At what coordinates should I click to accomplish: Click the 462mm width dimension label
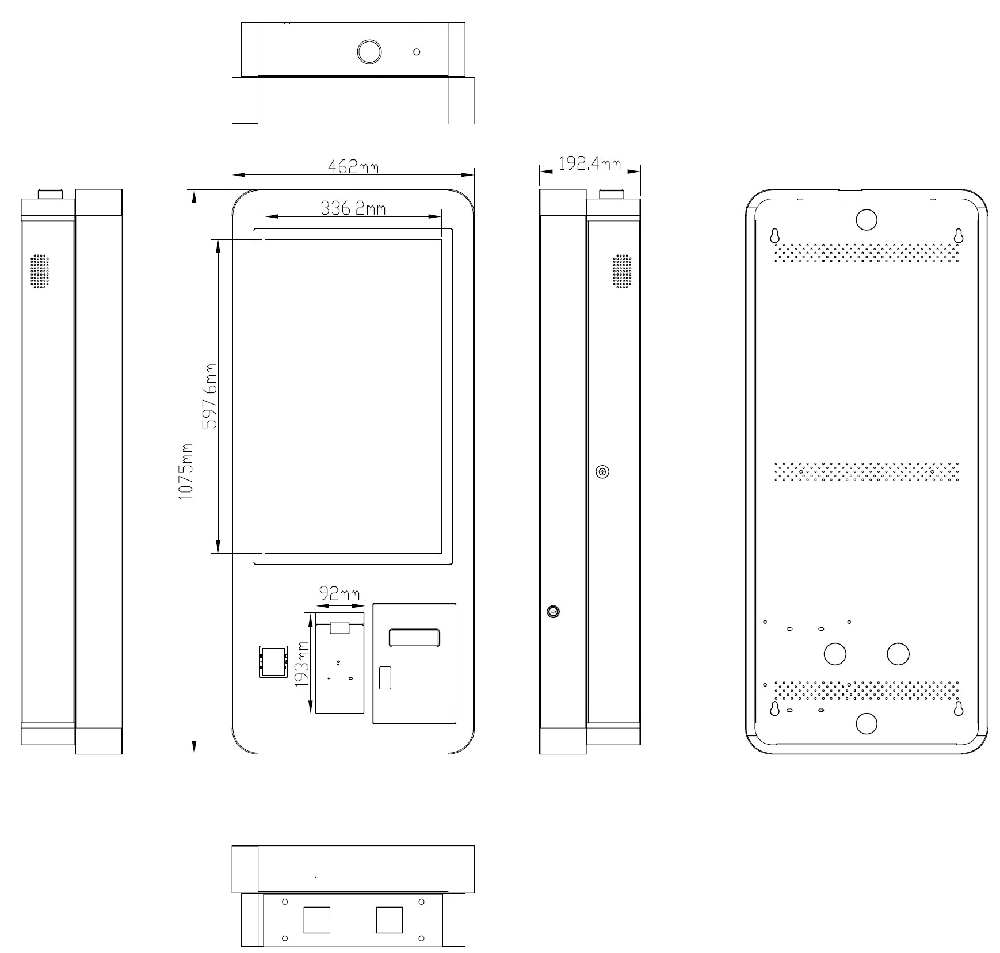[x=353, y=166]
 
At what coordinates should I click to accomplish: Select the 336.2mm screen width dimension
[x=353, y=208]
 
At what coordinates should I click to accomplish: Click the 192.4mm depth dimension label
[x=590, y=163]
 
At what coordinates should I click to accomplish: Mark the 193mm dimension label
[x=302, y=664]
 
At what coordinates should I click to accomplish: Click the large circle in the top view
[x=369, y=52]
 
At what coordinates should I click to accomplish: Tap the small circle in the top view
[x=417, y=52]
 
